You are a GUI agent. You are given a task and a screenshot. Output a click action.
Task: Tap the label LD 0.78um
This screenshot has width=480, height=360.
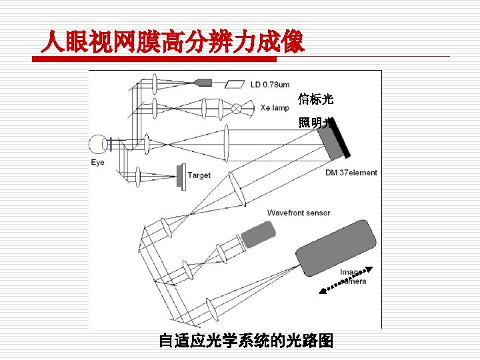pyautogui.click(x=270, y=85)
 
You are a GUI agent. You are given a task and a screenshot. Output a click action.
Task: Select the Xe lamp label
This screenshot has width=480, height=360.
pyautogui.click(x=274, y=107)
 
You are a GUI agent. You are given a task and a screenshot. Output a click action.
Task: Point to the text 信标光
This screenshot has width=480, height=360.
pyautogui.click(x=315, y=100)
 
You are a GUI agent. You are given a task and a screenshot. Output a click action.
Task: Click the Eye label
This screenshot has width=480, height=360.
pyautogui.click(x=98, y=163)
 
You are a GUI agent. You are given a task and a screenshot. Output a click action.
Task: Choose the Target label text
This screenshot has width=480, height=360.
pyautogui.click(x=199, y=175)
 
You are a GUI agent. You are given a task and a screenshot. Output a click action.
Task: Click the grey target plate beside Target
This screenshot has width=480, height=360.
pyautogui.click(x=180, y=175)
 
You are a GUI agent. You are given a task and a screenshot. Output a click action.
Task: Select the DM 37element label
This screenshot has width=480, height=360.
pyautogui.click(x=351, y=173)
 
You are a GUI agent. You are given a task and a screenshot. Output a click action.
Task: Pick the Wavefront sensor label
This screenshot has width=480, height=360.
pyautogui.click(x=299, y=213)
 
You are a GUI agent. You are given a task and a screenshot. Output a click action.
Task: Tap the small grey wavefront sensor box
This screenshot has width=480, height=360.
pyautogui.click(x=258, y=235)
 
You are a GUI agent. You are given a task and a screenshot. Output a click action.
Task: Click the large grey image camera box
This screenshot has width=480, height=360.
pyautogui.click(x=336, y=247)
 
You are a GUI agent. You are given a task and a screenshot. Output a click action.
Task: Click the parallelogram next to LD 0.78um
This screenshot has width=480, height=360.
pyautogui.click(x=235, y=84)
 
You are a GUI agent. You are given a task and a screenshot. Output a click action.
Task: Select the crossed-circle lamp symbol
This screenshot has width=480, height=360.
pyautogui.click(x=237, y=107)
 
